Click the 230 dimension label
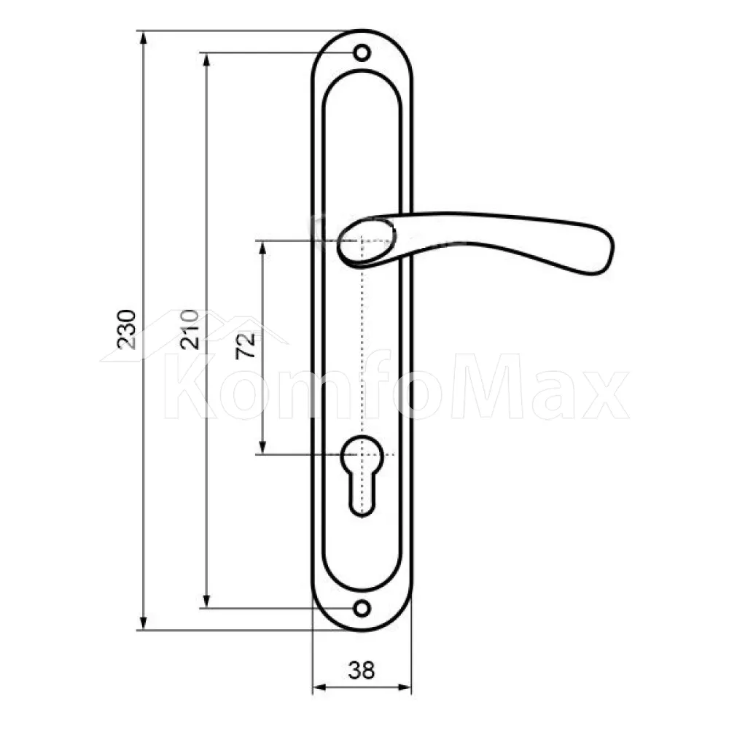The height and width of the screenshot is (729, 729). (126, 330)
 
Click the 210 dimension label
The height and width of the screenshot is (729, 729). (190, 330)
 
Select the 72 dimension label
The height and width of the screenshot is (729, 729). (246, 346)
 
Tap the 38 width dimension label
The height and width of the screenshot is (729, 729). (362, 670)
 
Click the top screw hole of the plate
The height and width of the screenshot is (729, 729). (362, 52)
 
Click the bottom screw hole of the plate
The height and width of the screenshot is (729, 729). (362, 608)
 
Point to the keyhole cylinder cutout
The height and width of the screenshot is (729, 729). (362, 475)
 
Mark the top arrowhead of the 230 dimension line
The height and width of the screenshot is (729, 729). (144, 37)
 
